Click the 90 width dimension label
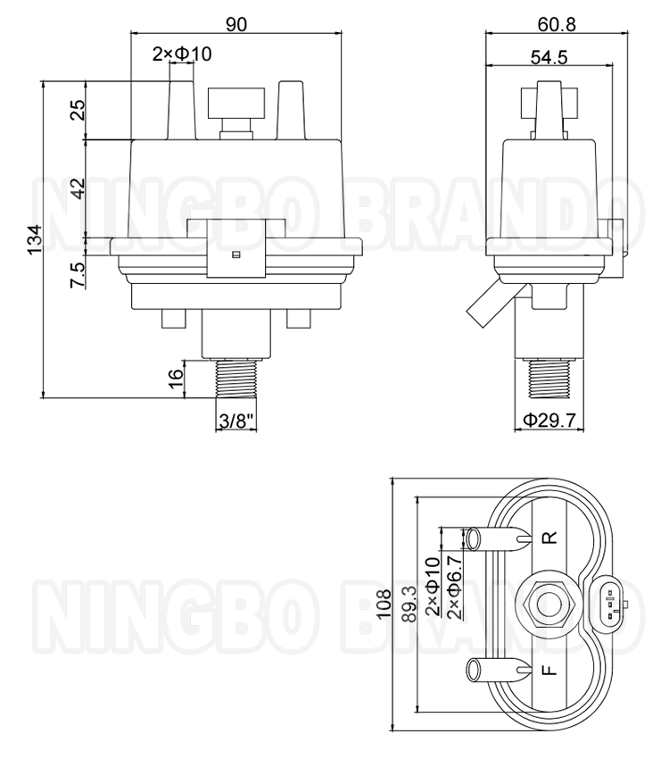point(235,24)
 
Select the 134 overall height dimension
point(34,238)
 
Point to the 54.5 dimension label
point(549,57)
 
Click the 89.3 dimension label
point(409,605)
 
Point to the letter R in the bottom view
point(550,538)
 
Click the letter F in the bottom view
point(550,669)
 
